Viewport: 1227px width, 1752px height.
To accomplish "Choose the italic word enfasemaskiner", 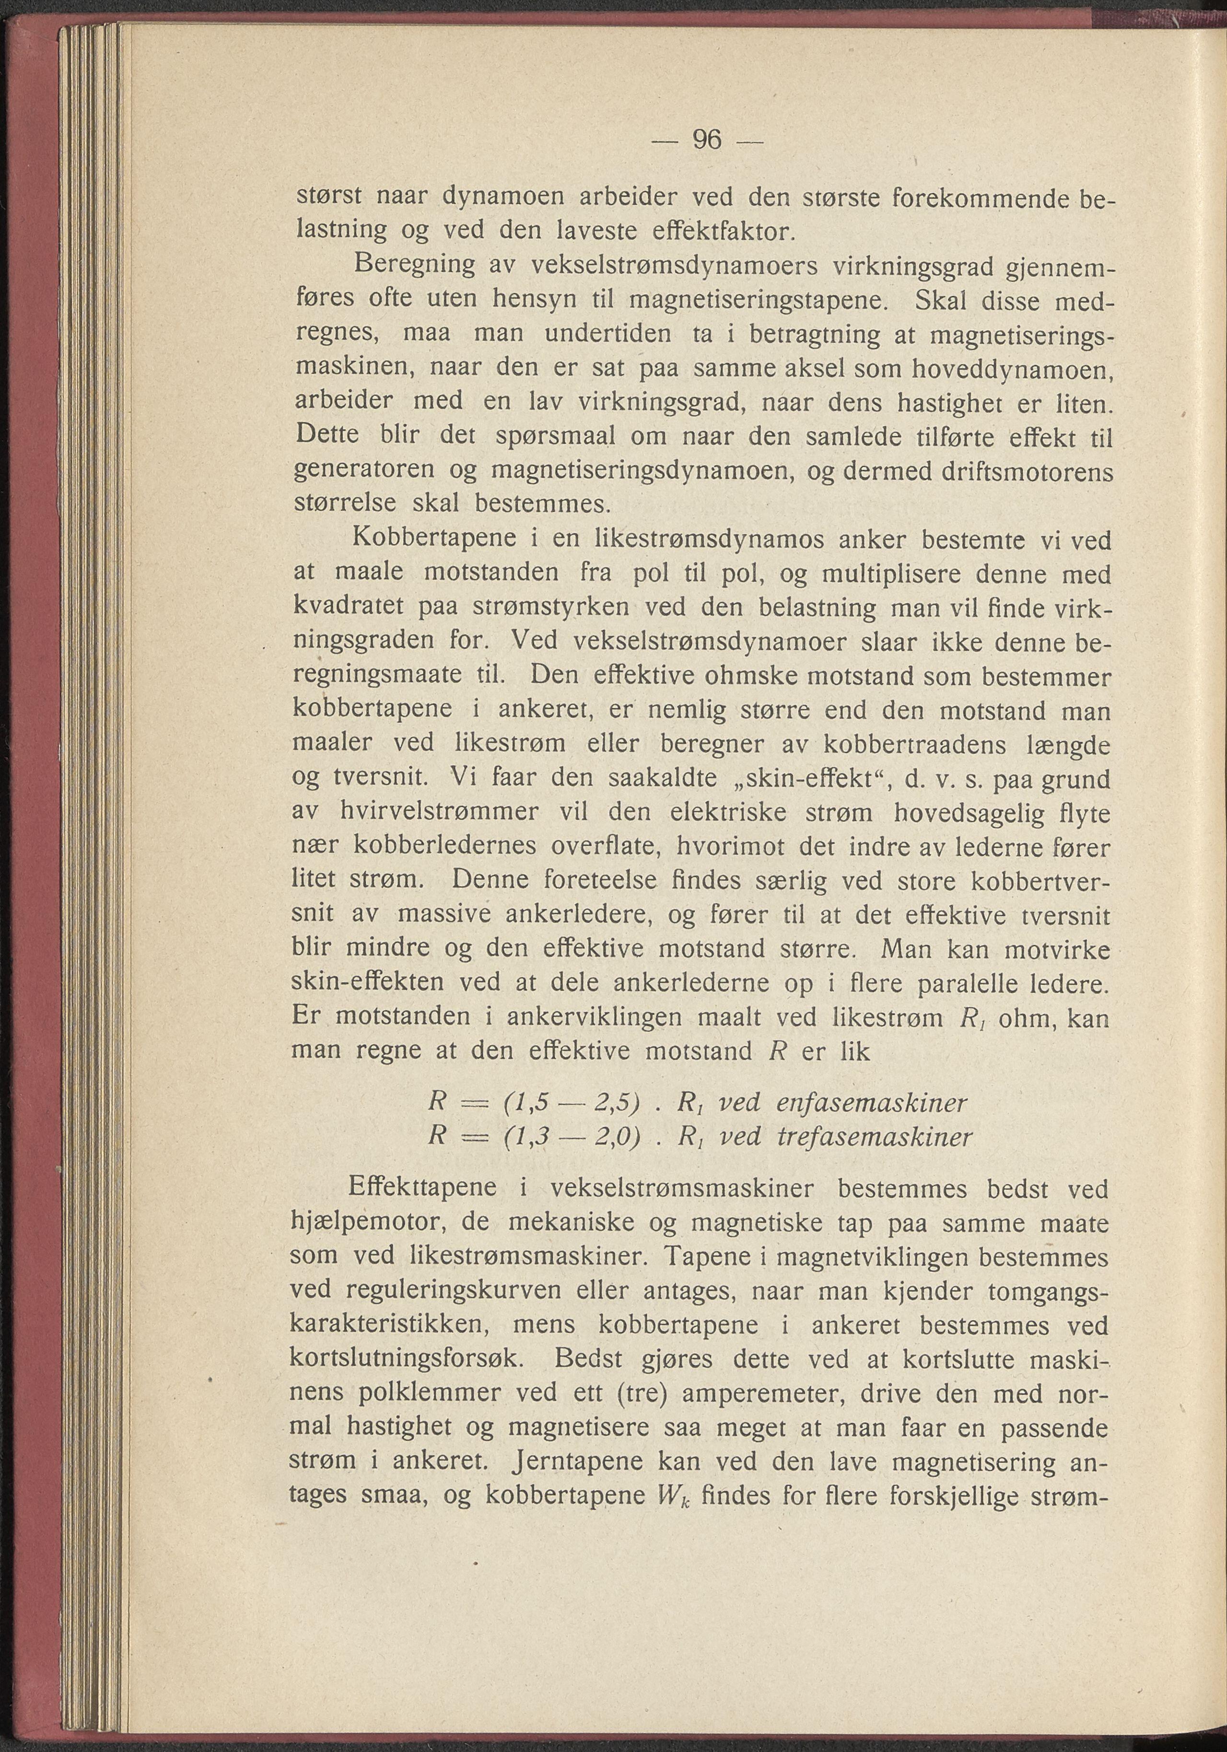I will pyautogui.click(x=871, y=1103).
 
